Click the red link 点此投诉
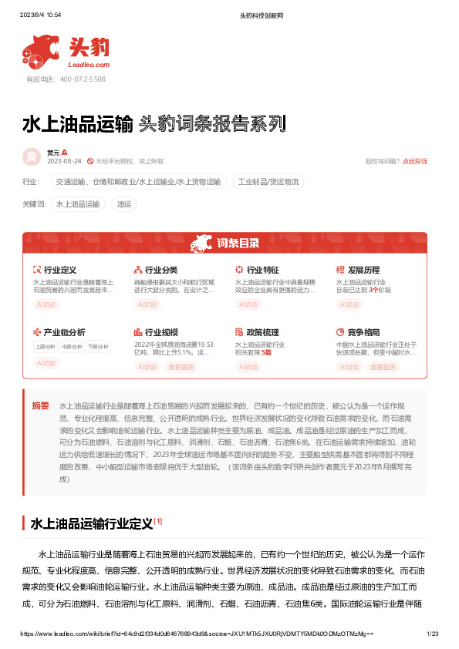click(x=415, y=161)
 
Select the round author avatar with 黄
click(x=32, y=156)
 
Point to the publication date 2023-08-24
click(x=65, y=162)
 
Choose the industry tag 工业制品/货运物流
click(x=269, y=182)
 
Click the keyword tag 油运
click(x=123, y=204)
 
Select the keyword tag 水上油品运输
click(x=78, y=204)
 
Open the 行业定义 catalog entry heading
click(x=59, y=271)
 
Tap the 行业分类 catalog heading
click(x=160, y=271)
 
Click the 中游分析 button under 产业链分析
click(x=72, y=347)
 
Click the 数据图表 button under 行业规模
click(x=182, y=367)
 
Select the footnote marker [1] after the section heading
click(x=157, y=521)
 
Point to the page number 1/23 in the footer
click(x=432, y=634)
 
